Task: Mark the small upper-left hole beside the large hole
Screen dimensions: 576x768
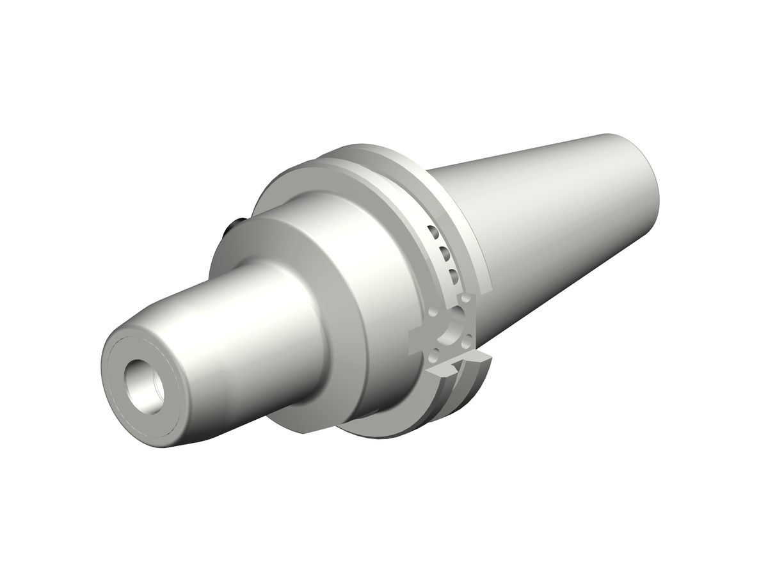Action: click(x=436, y=312)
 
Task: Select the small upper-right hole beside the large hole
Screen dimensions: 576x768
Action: click(x=469, y=301)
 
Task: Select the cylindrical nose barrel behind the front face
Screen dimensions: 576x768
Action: click(x=211, y=358)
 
